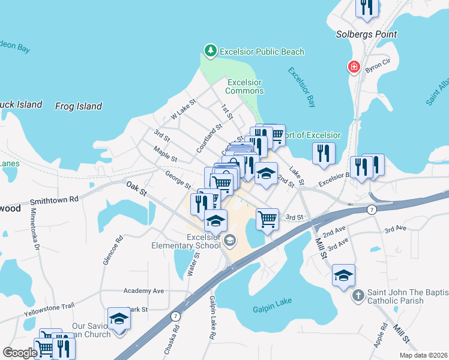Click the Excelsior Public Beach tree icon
[211, 52]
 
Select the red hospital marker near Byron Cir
[354, 67]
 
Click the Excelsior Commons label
[244, 86]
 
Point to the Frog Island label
[78, 106]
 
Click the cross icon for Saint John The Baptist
[358, 295]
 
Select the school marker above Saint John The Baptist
[343, 275]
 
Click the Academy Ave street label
[143, 290]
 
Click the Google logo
[20, 353]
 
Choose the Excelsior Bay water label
[301, 87]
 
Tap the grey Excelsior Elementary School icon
[229, 241]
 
